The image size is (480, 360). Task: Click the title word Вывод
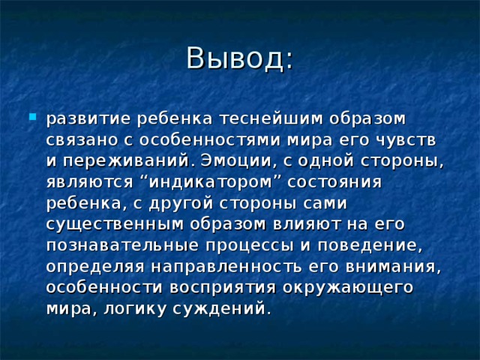click(238, 59)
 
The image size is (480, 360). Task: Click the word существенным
click(111, 223)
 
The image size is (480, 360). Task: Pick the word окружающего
click(350, 286)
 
